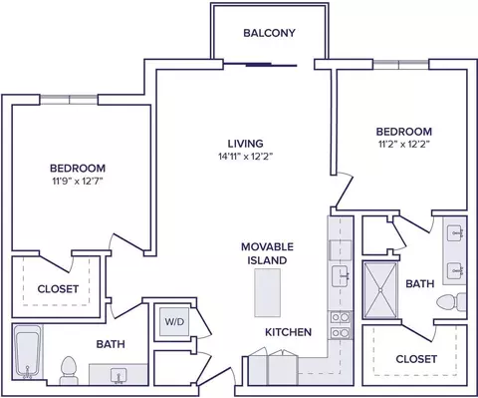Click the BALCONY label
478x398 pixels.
coord(269,33)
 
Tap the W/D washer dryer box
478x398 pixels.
coord(174,322)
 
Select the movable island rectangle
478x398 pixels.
coord(267,293)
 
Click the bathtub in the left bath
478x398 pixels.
coord(28,352)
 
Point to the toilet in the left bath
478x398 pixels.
coord(69,370)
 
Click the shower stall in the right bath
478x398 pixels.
coord(380,290)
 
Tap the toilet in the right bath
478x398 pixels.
coord(451,302)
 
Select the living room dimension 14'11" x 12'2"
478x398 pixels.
coord(245,157)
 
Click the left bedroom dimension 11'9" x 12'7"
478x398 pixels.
coord(78,182)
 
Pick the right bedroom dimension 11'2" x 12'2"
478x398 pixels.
coord(403,145)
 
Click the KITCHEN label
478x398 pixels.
coord(288,332)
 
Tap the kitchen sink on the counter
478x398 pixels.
coord(341,276)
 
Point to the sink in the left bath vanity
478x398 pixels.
coord(119,375)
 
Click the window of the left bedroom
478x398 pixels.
coord(69,100)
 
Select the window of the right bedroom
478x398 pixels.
coord(400,64)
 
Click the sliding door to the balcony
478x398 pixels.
coord(260,65)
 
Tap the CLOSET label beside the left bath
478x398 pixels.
coord(58,289)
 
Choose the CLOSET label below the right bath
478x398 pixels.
coord(416,359)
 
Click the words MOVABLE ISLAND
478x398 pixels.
coord(267,253)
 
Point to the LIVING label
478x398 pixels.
coord(245,144)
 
